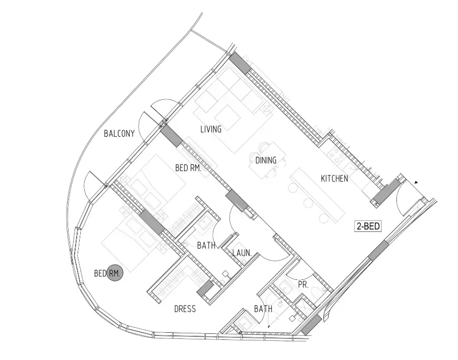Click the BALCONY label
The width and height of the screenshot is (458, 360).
[119, 134]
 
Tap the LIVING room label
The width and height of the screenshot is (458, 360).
[211, 129]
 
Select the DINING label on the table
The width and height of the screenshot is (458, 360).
[266, 160]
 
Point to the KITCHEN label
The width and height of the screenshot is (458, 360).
[334, 178]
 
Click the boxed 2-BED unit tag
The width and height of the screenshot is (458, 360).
[368, 226]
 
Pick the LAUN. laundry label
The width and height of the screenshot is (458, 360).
[242, 253]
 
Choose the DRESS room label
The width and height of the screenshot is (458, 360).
[185, 309]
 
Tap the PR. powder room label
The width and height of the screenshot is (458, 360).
[304, 285]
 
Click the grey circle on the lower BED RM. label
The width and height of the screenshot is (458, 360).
[115, 273]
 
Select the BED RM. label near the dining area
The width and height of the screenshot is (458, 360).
[189, 168]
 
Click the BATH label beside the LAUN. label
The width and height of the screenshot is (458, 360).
[206, 245]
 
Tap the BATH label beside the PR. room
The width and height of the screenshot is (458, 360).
[263, 309]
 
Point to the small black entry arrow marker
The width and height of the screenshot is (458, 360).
[416, 183]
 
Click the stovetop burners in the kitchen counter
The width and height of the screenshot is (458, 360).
[337, 155]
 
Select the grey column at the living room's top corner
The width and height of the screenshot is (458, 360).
[240, 63]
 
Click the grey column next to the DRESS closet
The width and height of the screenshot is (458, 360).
[205, 289]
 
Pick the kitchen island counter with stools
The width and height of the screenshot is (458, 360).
[317, 194]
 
